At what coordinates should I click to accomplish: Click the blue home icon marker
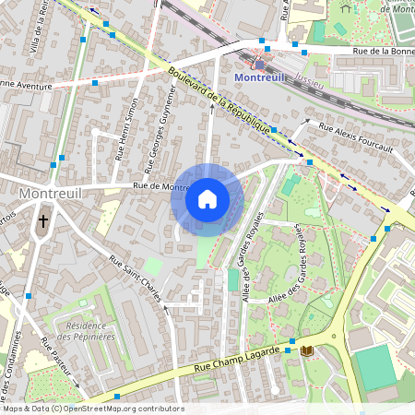click(x=207, y=199)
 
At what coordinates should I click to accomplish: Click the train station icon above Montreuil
click(x=260, y=64)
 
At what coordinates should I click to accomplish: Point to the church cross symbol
click(x=42, y=221)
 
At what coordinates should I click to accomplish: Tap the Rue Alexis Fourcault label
click(x=356, y=136)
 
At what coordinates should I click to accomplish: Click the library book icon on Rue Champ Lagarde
click(x=306, y=350)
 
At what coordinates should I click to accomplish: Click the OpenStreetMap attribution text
click(x=92, y=408)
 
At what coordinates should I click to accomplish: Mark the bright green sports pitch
click(x=375, y=367)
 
